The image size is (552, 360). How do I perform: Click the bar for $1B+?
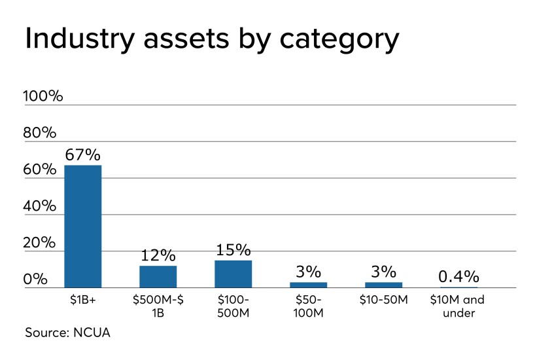tap(82, 226)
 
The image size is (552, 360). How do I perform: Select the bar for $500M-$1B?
tap(158, 276)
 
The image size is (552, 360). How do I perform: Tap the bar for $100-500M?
tap(233, 274)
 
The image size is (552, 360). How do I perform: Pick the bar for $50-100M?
tap(308, 285)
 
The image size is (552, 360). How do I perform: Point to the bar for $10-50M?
tap(383, 285)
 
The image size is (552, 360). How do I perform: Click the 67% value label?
tap(82, 155)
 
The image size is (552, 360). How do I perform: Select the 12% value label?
tap(158, 255)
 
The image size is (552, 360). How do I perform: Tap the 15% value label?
tap(233, 249)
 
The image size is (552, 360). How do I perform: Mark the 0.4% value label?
tap(458, 276)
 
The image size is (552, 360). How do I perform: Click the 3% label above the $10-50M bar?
tap(383, 271)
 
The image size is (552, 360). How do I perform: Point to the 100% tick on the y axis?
tap(43, 96)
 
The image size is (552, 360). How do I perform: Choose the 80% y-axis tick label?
tap(40, 133)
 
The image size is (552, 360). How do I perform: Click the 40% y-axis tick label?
tap(40, 206)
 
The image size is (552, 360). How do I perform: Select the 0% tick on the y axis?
tap(36, 279)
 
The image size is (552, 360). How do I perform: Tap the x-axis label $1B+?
tap(82, 300)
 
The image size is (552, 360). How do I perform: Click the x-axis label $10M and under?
tap(458, 306)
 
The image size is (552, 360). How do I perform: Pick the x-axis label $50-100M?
tap(308, 306)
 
